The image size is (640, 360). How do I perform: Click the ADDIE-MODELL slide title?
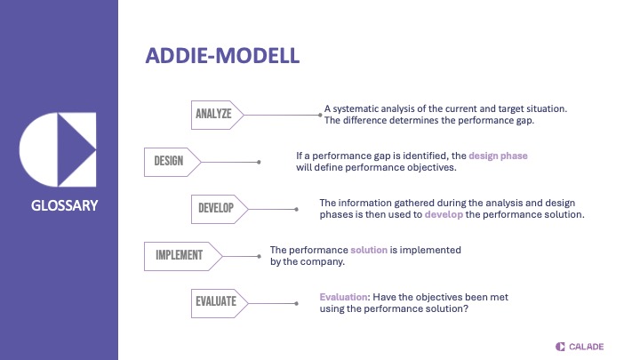point(222,56)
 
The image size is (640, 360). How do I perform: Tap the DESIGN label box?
point(169,161)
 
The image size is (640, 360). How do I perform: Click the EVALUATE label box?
point(216,301)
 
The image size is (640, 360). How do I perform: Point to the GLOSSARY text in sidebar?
point(60,206)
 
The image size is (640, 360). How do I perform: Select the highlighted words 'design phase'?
point(498,156)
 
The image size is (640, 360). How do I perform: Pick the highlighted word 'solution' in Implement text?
point(369,251)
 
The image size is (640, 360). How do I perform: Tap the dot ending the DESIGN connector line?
point(259,162)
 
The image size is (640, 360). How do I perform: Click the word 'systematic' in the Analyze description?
point(361,108)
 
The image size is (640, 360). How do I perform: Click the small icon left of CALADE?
point(560,346)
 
